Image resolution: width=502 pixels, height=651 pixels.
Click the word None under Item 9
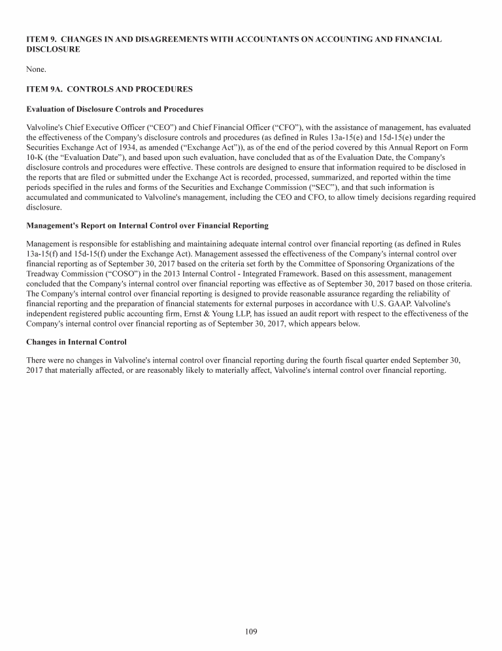click(35, 69)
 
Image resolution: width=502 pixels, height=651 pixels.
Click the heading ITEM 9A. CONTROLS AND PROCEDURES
click(109, 89)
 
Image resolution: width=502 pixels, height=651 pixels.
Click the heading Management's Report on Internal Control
click(147, 225)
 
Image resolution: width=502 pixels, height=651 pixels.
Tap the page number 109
click(250, 631)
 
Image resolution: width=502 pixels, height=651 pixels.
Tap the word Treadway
click(44, 274)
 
